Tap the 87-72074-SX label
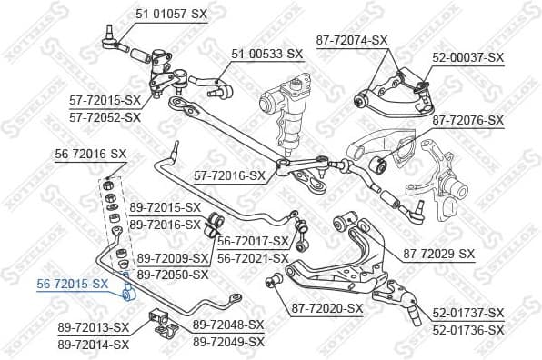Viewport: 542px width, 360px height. click(x=352, y=40)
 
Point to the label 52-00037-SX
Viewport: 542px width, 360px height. click(x=467, y=57)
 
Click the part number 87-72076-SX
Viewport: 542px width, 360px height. click(x=467, y=120)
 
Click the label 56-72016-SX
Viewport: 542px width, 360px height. click(x=91, y=155)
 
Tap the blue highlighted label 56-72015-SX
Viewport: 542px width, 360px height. click(x=72, y=284)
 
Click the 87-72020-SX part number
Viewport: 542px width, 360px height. click(x=327, y=308)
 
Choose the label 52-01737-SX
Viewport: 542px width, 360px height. click(x=468, y=313)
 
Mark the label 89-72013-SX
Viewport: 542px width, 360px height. click(x=94, y=326)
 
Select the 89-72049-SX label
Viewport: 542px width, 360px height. click(x=228, y=342)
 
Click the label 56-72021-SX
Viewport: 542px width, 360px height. click(x=254, y=257)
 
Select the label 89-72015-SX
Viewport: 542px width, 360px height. click(x=165, y=207)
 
